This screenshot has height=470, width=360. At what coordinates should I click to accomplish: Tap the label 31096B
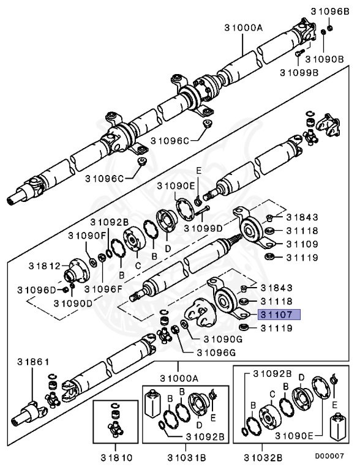(330, 12)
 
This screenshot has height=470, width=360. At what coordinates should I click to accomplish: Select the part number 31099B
(299, 73)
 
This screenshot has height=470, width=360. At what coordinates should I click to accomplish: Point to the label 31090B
(324, 59)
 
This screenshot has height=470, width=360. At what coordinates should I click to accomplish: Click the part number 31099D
(203, 228)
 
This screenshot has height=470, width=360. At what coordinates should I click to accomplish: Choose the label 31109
(302, 244)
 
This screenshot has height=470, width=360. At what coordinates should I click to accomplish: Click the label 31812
(45, 266)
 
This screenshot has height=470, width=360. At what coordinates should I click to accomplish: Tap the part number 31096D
(37, 290)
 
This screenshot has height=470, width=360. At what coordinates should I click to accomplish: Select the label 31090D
(73, 304)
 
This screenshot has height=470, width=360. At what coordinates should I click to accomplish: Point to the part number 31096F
(104, 289)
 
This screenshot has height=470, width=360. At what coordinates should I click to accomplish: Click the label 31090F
(88, 236)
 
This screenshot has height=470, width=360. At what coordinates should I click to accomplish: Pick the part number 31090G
(223, 339)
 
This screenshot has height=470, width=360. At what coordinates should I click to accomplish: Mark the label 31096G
(216, 352)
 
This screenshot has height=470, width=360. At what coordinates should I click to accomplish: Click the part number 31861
(33, 362)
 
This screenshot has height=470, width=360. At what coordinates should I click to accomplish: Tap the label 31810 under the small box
(116, 458)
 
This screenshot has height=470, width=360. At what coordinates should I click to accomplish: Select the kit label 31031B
(187, 458)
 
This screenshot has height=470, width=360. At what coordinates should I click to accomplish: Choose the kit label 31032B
(263, 458)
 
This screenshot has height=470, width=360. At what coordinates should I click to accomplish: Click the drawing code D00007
(329, 456)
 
